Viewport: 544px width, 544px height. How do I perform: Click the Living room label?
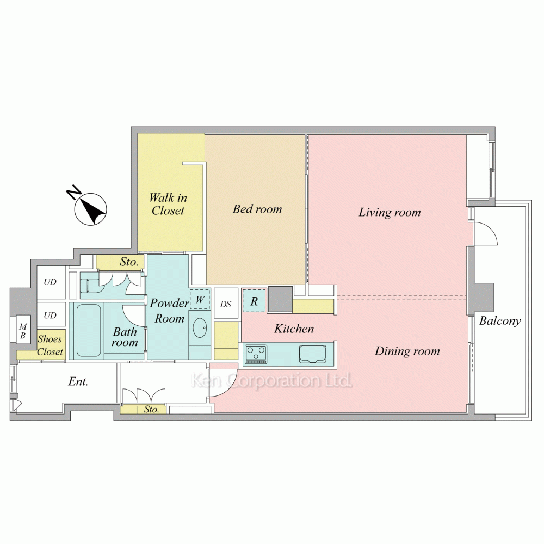click(x=390, y=212)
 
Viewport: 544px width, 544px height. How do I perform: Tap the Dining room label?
click(x=407, y=351)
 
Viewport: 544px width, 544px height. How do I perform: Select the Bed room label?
click(x=257, y=209)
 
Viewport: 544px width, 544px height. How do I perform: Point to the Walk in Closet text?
click(x=168, y=204)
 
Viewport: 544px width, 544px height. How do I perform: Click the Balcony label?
click(x=500, y=321)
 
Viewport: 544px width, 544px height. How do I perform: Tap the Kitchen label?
click(x=294, y=329)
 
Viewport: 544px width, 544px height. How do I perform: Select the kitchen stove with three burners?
click(x=256, y=354)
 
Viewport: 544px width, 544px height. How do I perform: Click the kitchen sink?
click(x=313, y=354)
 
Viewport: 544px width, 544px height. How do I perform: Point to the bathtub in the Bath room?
click(x=89, y=330)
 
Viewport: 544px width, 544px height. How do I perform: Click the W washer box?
click(x=200, y=299)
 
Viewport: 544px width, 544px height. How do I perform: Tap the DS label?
click(x=226, y=304)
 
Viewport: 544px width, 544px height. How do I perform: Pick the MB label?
click(x=23, y=331)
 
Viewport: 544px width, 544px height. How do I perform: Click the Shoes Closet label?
click(x=50, y=345)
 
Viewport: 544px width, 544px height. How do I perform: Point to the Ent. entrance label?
click(x=78, y=382)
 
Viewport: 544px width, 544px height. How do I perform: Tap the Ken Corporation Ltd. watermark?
click(x=271, y=381)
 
